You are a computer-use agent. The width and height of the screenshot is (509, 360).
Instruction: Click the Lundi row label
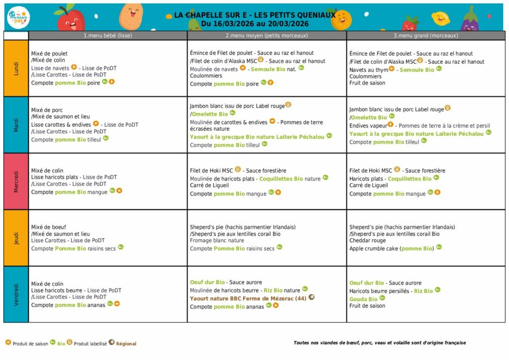[16, 68]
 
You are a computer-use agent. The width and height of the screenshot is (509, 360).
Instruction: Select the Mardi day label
[16, 125]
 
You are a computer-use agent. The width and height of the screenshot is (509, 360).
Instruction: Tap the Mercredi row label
[16, 181]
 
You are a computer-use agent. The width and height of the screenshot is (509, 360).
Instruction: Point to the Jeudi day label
[16, 238]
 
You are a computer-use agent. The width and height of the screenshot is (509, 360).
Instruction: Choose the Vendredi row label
[16, 294]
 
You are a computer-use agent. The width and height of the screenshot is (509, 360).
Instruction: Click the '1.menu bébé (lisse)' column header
[108, 35]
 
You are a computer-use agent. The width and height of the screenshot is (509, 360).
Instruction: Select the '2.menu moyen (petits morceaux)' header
[267, 35]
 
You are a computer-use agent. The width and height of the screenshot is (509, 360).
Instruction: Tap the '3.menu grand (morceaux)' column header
[426, 35]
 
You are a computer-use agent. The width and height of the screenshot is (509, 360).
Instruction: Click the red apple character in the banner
[71, 19]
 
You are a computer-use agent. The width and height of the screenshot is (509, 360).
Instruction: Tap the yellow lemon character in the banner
[440, 18]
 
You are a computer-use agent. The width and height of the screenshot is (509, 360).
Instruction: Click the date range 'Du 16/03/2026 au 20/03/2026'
[255, 23]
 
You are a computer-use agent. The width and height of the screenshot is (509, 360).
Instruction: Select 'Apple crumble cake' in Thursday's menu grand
[373, 249]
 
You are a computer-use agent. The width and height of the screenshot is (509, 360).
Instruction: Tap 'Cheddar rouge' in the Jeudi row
[368, 241]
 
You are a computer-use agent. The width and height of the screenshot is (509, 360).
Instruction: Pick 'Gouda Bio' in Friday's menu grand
[363, 299]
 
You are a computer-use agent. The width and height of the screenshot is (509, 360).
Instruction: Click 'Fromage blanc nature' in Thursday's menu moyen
[217, 241]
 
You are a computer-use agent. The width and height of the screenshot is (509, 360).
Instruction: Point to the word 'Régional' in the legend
[126, 344]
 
